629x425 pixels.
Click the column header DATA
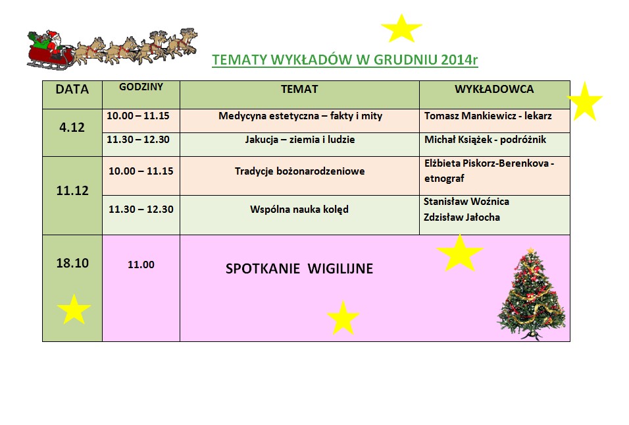tap(72, 89)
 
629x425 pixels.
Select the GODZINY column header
tap(141, 87)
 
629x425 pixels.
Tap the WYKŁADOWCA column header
tap(494, 89)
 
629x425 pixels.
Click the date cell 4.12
tap(72, 127)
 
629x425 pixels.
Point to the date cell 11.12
tap(72, 190)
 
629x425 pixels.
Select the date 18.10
tap(72, 263)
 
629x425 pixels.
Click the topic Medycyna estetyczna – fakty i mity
tap(300, 116)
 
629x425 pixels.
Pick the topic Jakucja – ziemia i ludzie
tap(300, 140)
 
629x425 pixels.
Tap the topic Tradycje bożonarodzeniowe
tap(299, 171)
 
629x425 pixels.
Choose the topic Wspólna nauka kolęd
tap(299, 210)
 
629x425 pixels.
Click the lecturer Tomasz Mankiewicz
tap(470, 116)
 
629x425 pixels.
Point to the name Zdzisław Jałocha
tap(462, 217)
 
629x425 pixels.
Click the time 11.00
tap(141, 265)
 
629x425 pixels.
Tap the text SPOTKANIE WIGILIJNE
tap(299, 269)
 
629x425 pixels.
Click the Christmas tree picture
tap(532, 294)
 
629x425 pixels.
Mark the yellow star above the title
tap(401, 28)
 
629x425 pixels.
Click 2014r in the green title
tap(459, 59)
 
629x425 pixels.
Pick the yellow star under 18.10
tap(74, 309)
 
